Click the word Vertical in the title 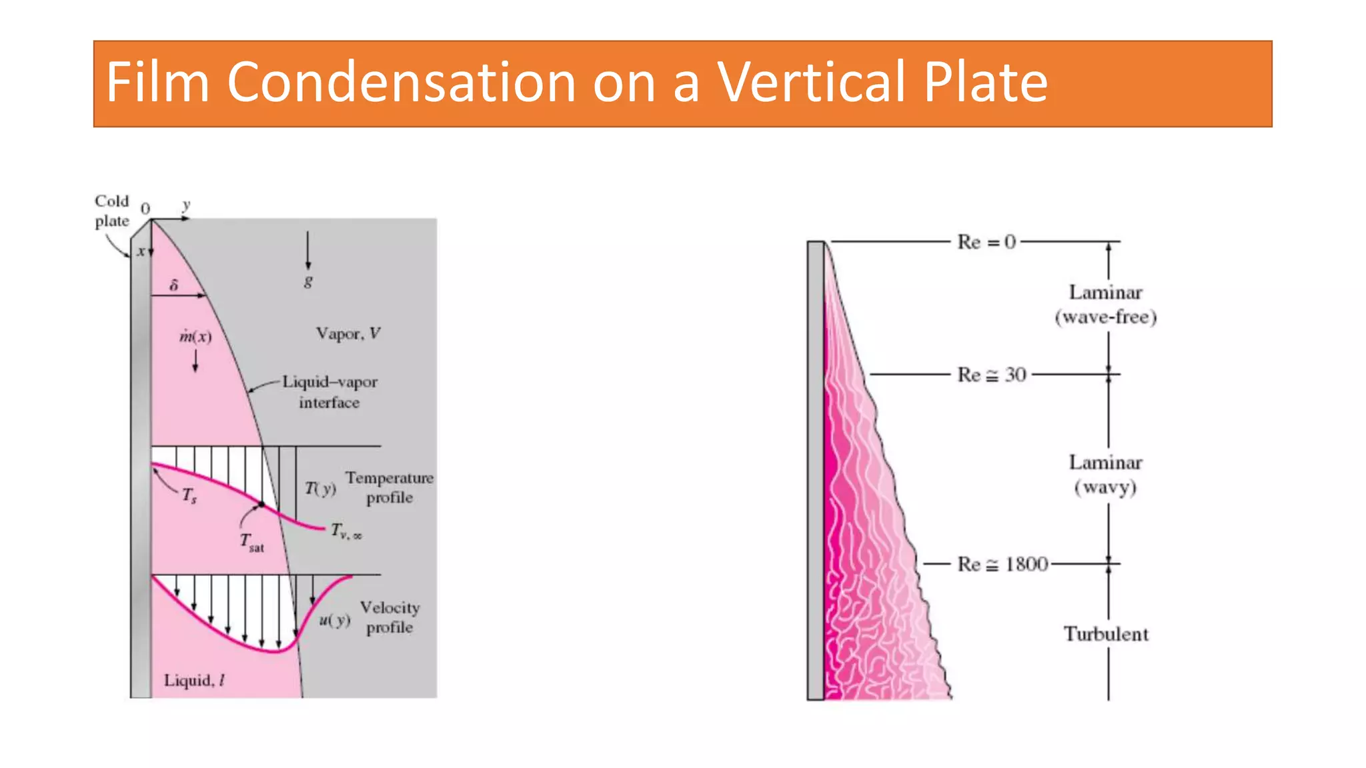811,83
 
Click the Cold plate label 111,211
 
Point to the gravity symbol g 307,281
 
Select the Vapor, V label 348,333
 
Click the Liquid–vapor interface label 329,392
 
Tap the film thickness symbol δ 174,285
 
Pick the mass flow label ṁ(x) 195,336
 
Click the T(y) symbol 320,489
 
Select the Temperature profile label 389,487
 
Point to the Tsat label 251,543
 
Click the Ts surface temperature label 189,495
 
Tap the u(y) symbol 334,620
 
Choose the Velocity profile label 390,617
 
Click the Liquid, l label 194,680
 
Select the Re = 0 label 986,241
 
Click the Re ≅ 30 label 991,375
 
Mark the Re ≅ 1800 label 1002,565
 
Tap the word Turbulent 1106,634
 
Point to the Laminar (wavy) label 1105,475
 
